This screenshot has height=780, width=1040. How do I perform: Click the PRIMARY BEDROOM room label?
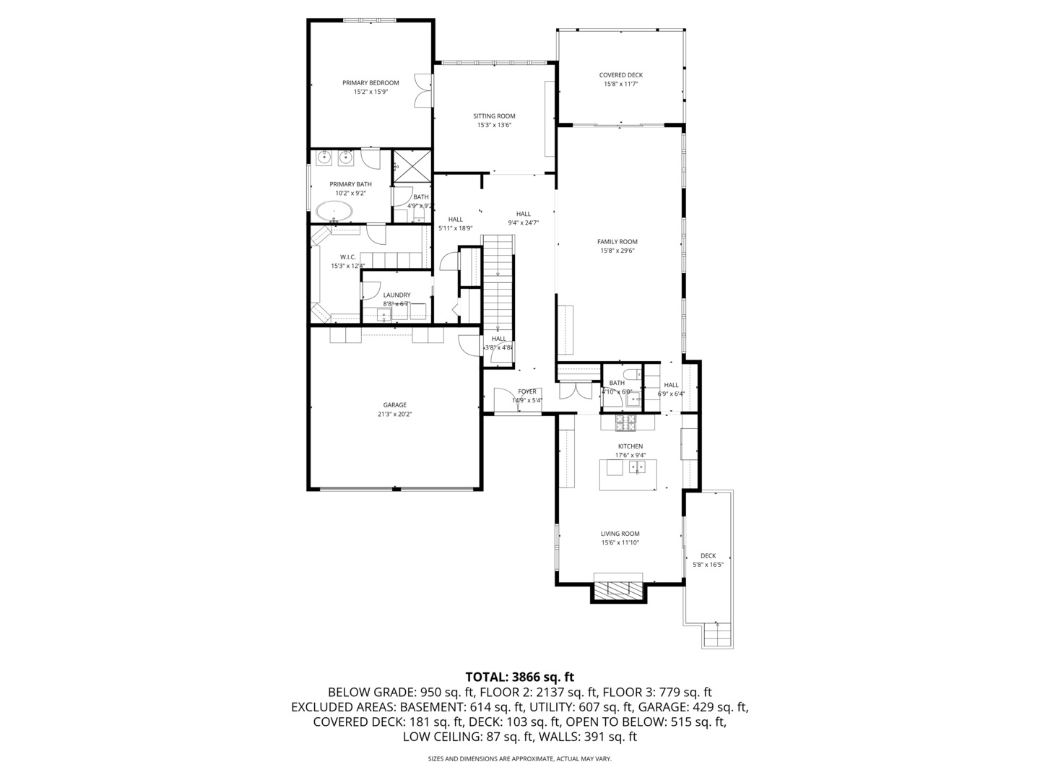click(370, 83)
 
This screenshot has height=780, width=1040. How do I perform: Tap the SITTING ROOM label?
click(494, 116)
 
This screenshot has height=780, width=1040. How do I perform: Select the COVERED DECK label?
click(620, 75)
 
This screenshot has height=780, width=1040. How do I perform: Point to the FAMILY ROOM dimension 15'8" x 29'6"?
click(617, 251)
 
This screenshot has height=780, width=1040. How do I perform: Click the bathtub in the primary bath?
click(334, 212)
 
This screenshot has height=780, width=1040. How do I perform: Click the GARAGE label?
click(394, 405)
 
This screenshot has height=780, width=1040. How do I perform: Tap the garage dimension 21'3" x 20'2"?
click(394, 415)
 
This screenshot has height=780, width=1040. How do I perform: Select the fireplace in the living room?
click(619, 589)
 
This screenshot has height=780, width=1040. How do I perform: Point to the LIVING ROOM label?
click(620, 534)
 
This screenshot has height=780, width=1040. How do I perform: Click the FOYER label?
click(527, 391)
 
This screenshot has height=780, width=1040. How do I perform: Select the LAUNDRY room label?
click(396, 295)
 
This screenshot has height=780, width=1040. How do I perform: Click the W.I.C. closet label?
click(348, 257)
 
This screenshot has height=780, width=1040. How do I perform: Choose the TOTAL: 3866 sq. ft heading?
click(519, 677)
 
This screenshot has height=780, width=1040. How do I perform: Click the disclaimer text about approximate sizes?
click(519, 759)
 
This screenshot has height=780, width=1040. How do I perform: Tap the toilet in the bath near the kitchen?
click(631, 375)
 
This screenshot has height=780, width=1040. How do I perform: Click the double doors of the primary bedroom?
click(422, 91)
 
